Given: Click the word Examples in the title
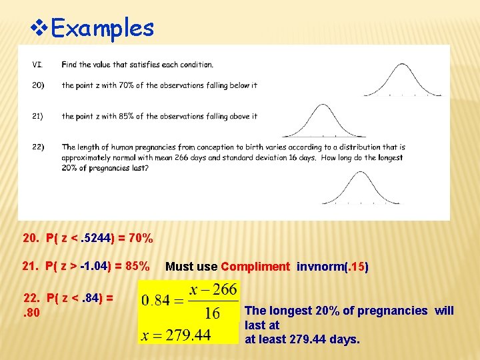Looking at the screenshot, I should tap(102, 28).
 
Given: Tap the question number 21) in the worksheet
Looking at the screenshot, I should tap(37, 116).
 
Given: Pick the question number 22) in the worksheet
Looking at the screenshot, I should tap(37, 147).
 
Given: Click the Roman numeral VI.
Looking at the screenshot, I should tap(37, 65).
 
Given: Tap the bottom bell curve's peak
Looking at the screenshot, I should tap(361, 173).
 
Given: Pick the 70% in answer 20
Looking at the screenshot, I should tap(141, 239).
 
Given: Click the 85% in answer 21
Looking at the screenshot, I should tap(137, 267).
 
